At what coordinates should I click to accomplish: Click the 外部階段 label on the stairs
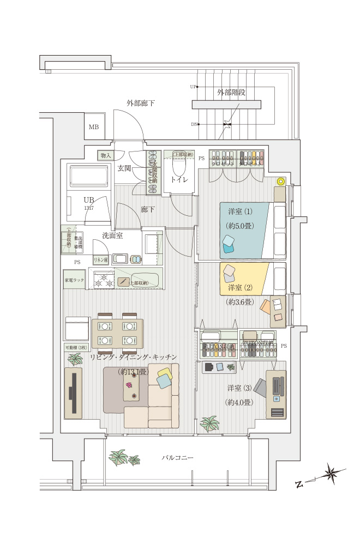point(231,92)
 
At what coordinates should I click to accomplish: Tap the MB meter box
point(94,127)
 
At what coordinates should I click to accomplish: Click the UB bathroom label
point(88,199)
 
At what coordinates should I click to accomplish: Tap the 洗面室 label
point(112,235)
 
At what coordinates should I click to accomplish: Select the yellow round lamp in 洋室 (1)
point(280,181)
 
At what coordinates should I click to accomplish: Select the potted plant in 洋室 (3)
point(209,423)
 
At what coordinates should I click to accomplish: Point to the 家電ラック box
point(75,280)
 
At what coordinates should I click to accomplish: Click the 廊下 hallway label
point(147,209)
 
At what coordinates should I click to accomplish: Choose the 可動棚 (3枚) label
point(75,347)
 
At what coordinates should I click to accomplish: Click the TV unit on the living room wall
point(73,392)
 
